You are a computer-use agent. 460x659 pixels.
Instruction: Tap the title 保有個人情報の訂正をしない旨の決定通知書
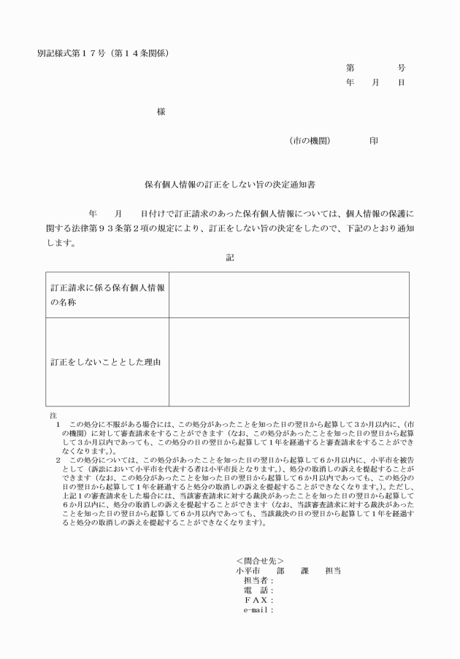229,186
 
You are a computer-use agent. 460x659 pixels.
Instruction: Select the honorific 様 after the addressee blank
161,112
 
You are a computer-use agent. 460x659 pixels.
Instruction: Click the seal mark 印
373,141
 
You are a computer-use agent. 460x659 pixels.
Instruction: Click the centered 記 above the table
230,258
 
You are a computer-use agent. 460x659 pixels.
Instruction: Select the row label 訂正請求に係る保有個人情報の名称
107,294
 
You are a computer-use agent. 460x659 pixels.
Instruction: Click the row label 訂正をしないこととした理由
105,361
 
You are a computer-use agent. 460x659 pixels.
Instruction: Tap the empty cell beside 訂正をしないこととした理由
288,361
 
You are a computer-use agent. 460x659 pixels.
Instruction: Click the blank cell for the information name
288,294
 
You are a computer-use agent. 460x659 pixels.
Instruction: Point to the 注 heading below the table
48,415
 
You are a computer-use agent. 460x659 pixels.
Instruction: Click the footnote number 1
58,423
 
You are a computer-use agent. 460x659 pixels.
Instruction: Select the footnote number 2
58,460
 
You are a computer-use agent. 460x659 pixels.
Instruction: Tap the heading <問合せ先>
255,560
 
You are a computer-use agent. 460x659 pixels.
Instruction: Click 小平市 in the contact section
248,570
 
